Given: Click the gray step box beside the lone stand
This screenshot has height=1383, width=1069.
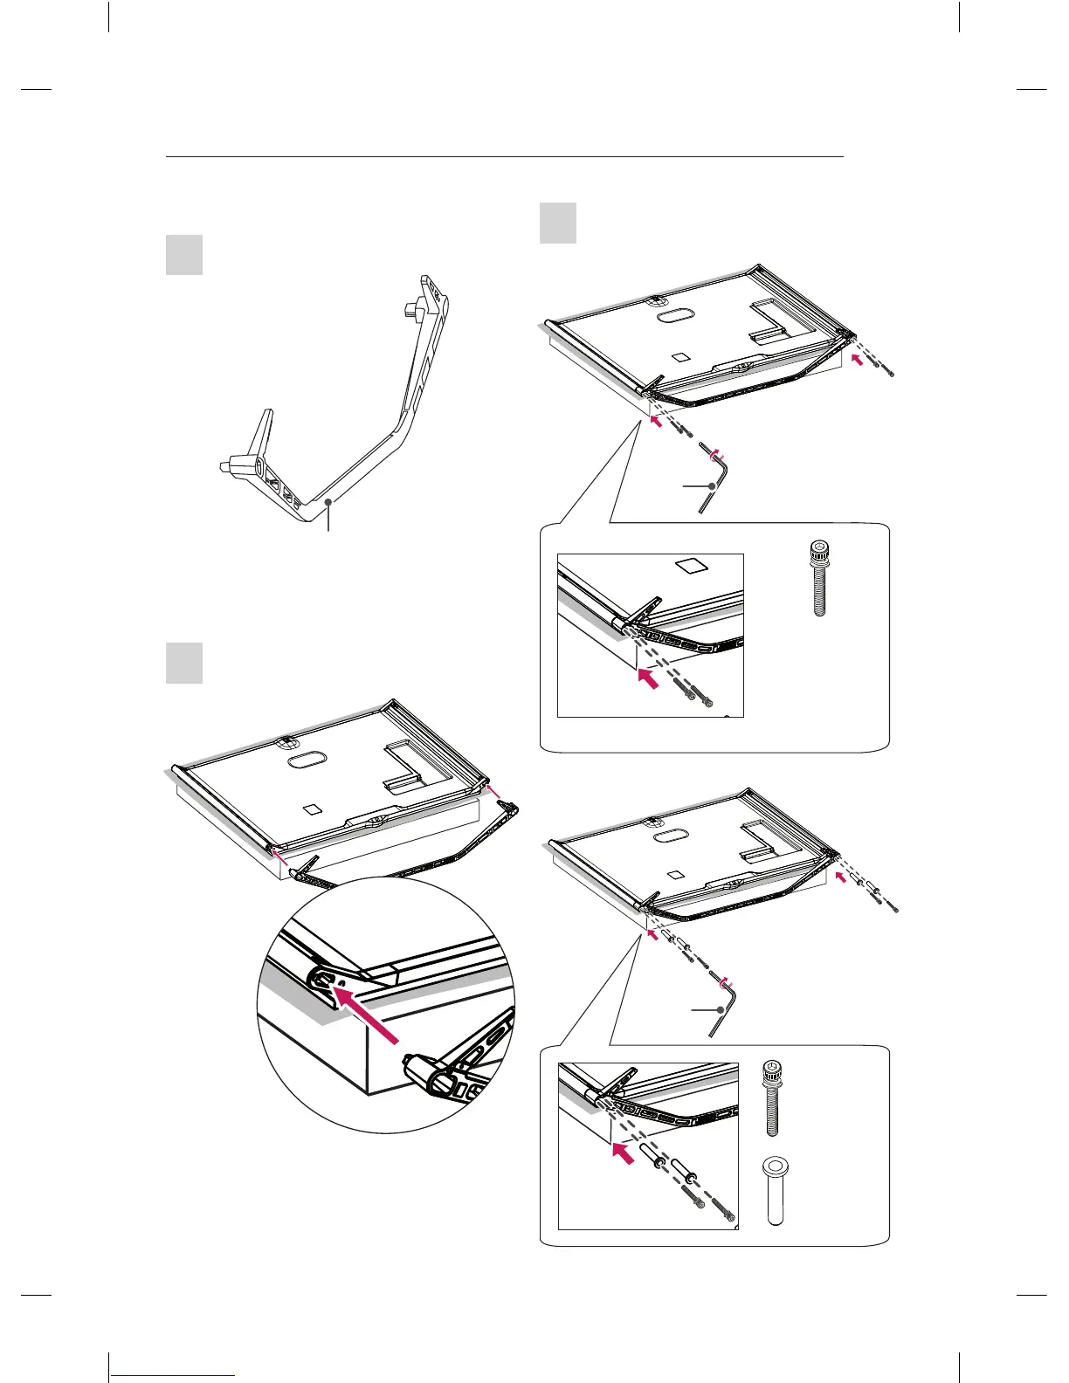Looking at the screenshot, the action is coord(184,255).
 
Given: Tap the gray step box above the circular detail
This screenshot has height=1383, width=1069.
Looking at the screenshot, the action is coord(184,663).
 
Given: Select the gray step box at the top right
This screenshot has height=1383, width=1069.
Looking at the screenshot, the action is coord(558,223).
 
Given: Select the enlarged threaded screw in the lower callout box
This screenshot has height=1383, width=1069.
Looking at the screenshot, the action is coord(771,1097).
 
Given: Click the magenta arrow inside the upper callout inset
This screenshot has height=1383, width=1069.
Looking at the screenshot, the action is coord(648,678).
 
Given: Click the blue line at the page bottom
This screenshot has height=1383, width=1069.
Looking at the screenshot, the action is coord(174,1376).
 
